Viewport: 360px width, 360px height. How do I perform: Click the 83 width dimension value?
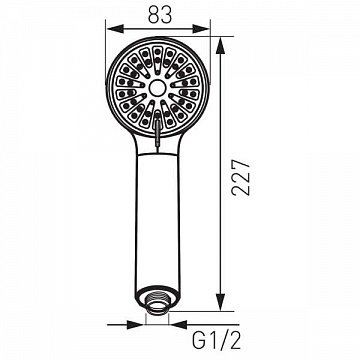160,15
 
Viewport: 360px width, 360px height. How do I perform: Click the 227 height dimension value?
241,177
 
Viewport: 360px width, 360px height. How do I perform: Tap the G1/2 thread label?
216,340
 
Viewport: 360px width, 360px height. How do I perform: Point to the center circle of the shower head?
158,88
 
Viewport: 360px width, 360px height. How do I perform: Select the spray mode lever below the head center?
158,129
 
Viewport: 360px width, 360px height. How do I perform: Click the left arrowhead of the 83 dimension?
115,29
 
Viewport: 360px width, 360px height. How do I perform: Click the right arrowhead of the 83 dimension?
201,29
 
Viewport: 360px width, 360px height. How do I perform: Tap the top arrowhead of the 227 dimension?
220,46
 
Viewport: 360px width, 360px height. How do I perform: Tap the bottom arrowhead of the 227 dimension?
220,302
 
